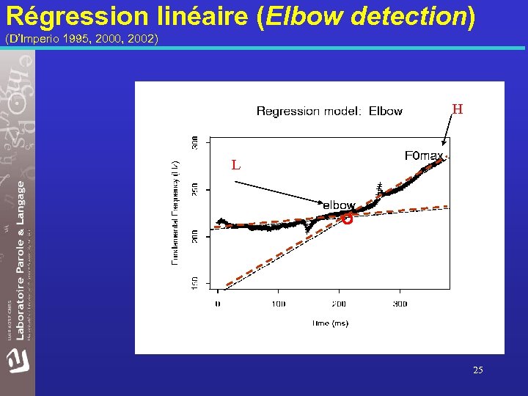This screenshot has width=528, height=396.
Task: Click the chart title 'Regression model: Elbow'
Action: pyautogui.click(x=329, y=111)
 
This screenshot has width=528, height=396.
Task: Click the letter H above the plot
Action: pyautogui.click(x=457, y=110)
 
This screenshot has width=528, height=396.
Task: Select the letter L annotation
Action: pyautogui.click(x=235, y=165)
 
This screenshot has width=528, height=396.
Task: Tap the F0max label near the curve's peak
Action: pyautogui.click(x=424, y=155)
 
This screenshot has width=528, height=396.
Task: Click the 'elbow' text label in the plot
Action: pyautogui.click(x=339, y=205)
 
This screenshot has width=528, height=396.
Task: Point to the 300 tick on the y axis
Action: pyautogui.click(x=194, y=142)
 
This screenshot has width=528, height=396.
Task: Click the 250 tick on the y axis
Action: pyautogui.click(x=194, y=189)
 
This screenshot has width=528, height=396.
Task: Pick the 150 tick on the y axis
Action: pyautogui.click(x=194, y=282)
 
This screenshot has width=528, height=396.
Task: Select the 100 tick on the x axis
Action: pyautogui.click(x=279, y=303)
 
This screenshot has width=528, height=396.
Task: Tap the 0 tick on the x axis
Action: pyautogui.click(x=218, y=303)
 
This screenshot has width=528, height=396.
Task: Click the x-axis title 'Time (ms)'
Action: pyautogui.click(x=329, y=323)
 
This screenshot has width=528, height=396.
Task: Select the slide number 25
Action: pyautogui.click(x=477, y=370)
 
